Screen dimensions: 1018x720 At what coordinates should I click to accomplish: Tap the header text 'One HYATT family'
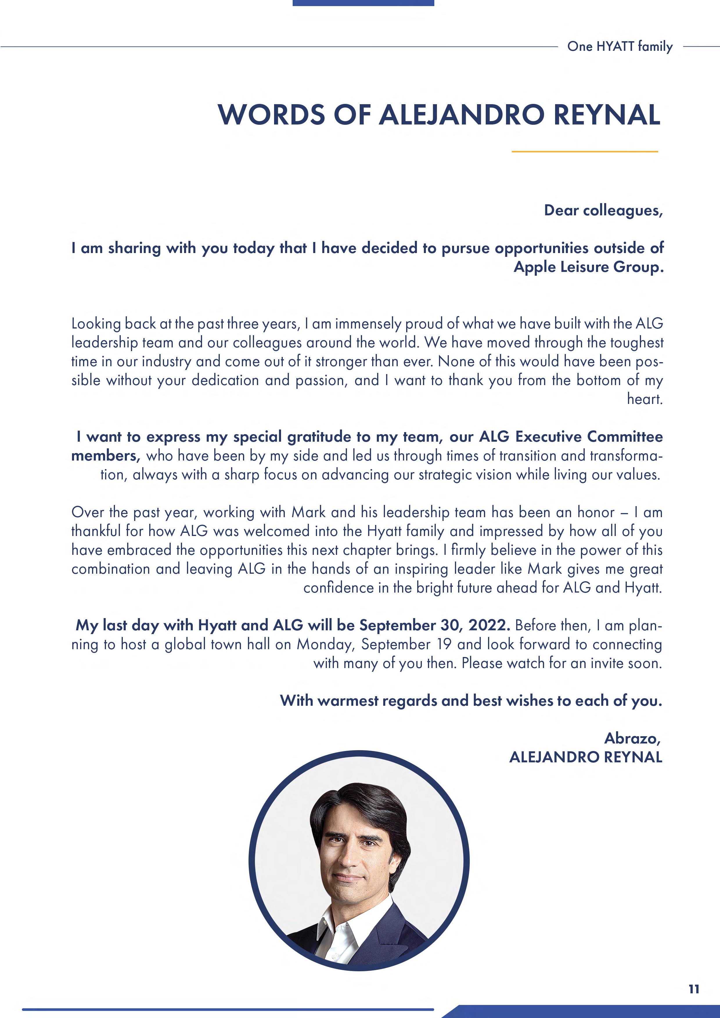pos(620,46)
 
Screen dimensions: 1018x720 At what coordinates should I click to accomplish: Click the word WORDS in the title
pos(271,115)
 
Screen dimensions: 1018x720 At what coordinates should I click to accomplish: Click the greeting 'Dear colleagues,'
pos(603,210)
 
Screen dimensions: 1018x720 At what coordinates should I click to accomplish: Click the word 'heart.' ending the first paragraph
pos(645,399)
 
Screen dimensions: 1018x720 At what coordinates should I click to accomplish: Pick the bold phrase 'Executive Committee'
pos(589,437)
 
